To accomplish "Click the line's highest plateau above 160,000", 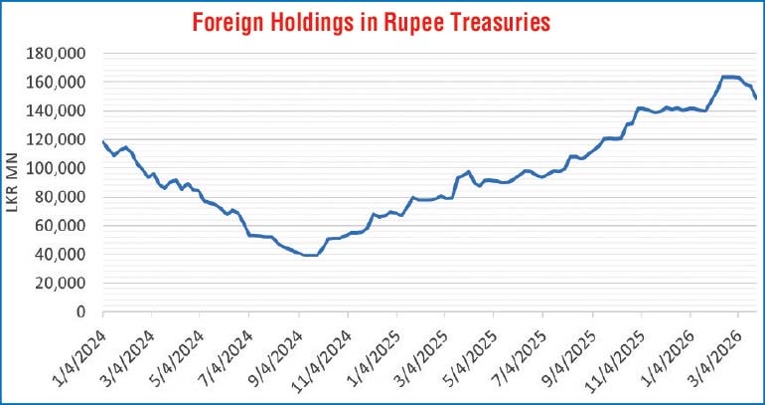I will (x=729, y=77).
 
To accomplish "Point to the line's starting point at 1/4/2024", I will (x=102, y=141).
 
